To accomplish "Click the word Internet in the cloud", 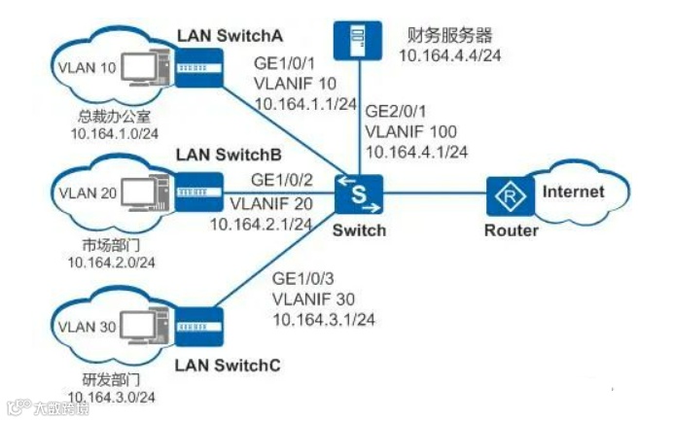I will (573, 191).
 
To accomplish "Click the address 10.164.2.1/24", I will (261, 224).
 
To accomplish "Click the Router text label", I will (511, 231).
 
